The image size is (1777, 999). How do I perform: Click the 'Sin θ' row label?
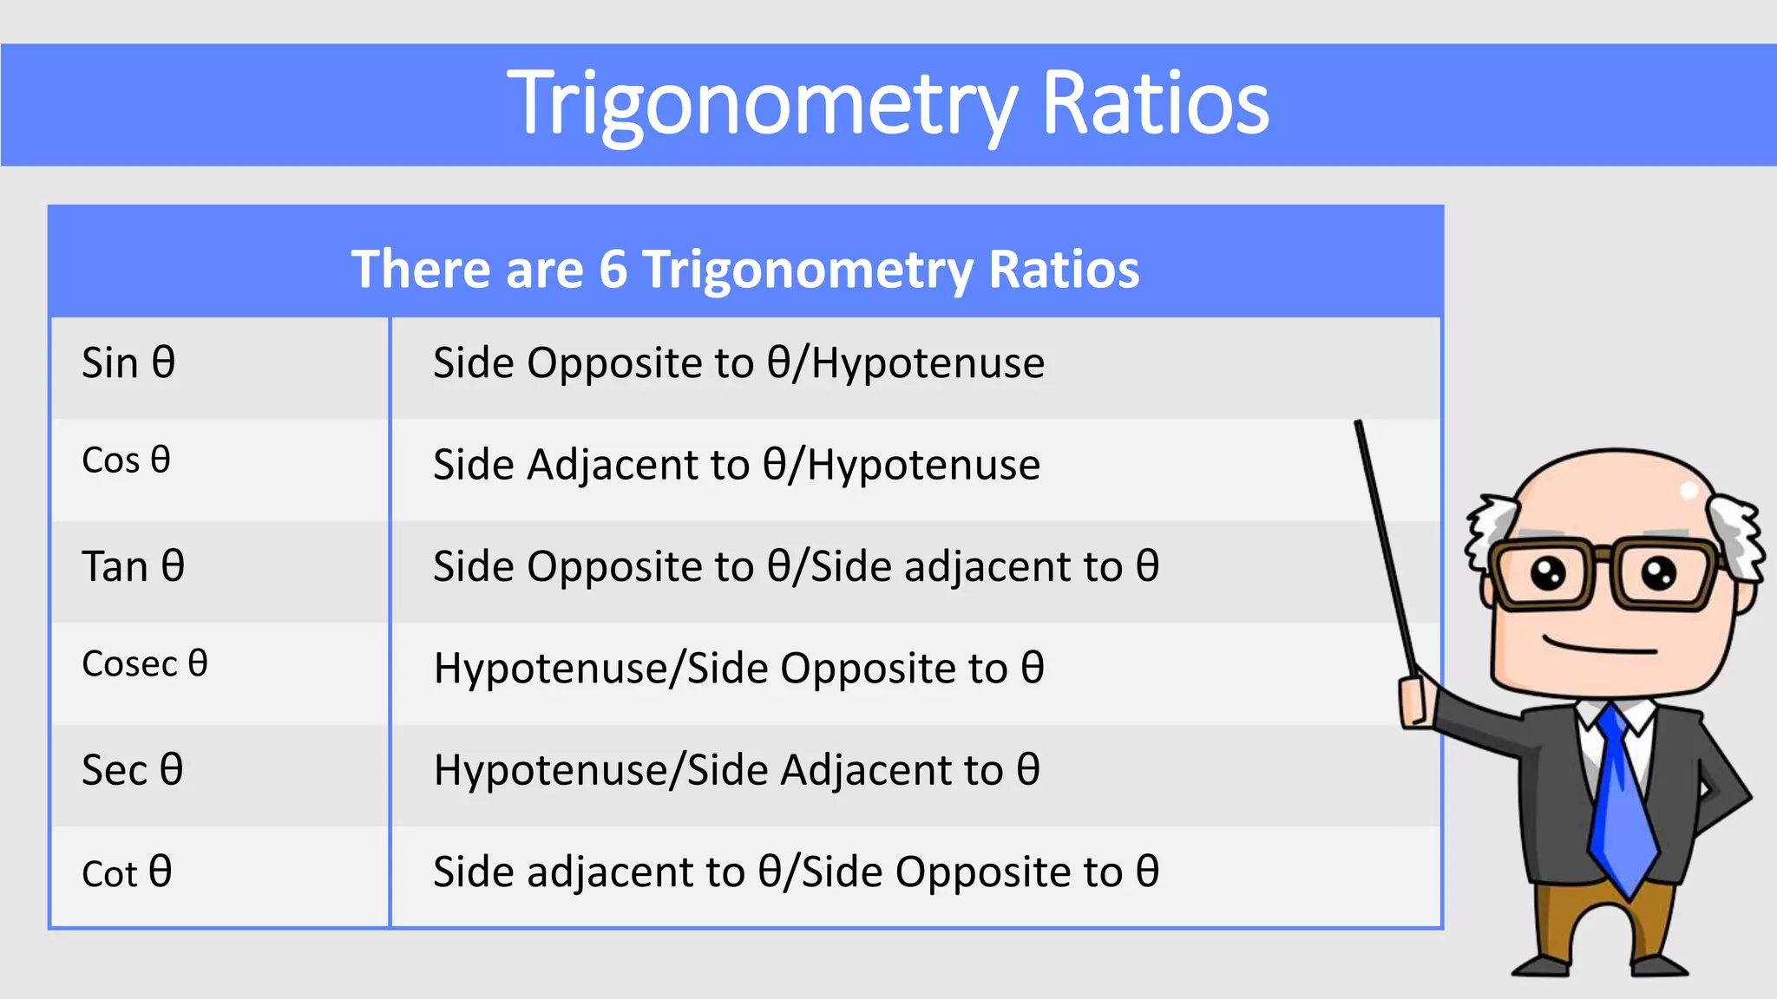(128, 363)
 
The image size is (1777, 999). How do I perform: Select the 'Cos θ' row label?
(126, 460)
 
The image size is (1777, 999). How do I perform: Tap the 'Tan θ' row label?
(133, 567)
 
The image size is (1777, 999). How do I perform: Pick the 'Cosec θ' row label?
(145, 664)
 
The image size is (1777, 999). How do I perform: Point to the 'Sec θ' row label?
(132, 770)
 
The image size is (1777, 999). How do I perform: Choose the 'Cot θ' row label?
(127, 872)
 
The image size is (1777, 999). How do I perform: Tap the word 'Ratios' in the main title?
(1155, 104)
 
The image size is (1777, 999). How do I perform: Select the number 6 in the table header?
(613, 269)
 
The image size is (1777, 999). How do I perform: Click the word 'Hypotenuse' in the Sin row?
(928, 363)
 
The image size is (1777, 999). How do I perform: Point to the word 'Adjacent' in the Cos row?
(638, 466)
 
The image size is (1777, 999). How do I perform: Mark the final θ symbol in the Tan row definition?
(1147, 567)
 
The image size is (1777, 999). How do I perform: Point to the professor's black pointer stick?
(1387, 546)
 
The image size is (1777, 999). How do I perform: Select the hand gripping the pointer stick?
(1413, 701)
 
